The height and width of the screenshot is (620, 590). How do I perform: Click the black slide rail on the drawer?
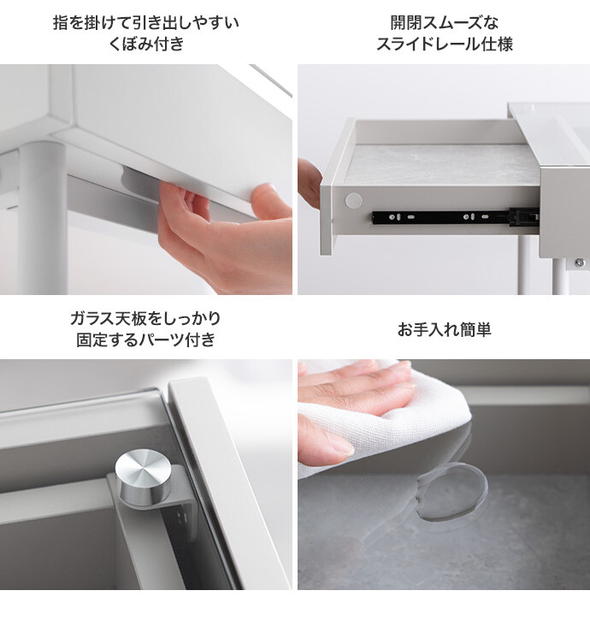[455, 217]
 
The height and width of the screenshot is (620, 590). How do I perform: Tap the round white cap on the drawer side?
[353, 201]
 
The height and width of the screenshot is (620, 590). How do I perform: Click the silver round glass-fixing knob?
[143, 478]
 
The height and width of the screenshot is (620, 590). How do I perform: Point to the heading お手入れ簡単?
[444, 329]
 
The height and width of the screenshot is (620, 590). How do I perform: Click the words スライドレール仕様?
[444, 44]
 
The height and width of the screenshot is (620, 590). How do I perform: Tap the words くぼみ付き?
[146, 44]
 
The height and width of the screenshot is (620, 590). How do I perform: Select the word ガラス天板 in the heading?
[108, 318]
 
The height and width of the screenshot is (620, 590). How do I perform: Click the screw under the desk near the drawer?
[579, 263]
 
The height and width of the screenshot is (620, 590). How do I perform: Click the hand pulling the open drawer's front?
[310, 183]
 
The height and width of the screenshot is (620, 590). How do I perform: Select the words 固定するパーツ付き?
[146, 340]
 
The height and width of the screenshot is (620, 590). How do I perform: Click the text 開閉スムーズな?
[444, 22]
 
